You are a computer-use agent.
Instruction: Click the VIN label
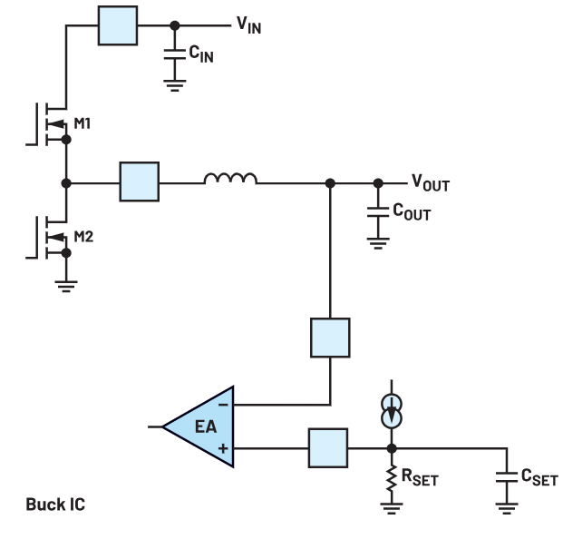248,25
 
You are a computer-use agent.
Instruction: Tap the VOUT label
431,183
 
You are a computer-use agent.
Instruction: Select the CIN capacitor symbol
175,54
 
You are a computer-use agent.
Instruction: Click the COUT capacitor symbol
378,212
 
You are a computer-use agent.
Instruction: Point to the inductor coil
230,178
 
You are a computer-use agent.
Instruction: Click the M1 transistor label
83,123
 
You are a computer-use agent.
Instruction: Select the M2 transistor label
83,237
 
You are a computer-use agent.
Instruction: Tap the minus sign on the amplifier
223,406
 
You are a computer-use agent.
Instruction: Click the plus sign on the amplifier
223,448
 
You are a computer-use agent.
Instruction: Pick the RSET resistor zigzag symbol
392,478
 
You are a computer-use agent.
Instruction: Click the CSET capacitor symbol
507,477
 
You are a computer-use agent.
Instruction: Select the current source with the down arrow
392,411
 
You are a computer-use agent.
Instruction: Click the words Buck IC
55,505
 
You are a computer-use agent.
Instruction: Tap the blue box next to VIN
118,25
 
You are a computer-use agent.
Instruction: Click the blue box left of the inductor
140,181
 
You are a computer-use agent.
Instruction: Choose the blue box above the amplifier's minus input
330,338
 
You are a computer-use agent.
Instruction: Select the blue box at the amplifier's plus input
328,448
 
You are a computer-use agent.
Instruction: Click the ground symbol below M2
66,286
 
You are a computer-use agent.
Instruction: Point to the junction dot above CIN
175,25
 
